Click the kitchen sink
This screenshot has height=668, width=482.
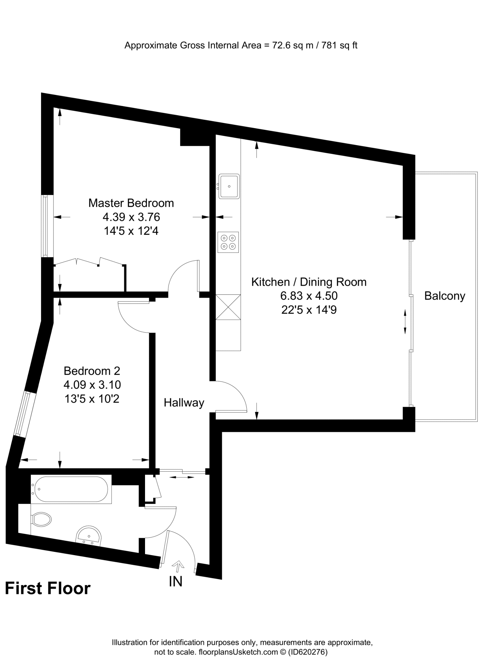coord(229,186)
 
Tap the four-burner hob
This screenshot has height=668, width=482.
coord(228,242)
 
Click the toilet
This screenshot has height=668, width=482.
coord(41,519)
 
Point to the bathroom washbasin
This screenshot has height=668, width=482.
coord(88,535)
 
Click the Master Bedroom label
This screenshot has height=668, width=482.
coord(131,203)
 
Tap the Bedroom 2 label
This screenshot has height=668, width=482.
coord(92,371)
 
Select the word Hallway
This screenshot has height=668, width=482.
coord(184,402)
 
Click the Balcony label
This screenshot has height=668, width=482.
coord(445,296)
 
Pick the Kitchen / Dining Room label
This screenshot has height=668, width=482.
coord(309,282)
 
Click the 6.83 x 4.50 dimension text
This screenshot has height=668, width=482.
coord(309,296)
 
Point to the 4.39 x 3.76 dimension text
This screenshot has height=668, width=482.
coord(131,217)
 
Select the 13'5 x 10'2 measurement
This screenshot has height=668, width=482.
coord(92,399)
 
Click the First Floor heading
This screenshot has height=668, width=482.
coord(48,588)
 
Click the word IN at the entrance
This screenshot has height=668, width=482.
coord(176,581)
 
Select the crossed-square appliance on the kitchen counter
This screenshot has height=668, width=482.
coord(228,307)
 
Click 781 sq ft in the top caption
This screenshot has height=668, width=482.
coord(339,45)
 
